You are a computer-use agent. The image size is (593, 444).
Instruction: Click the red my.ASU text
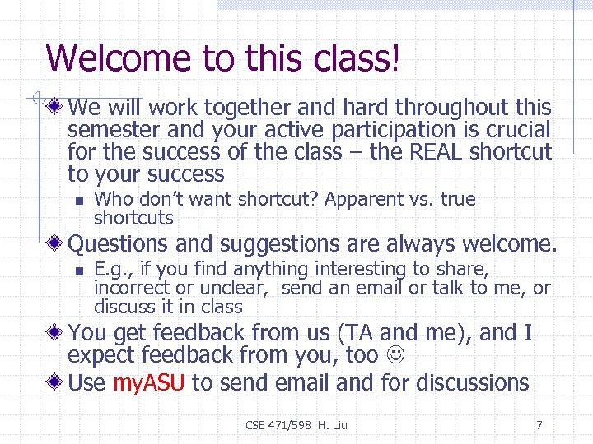tap(149, 382)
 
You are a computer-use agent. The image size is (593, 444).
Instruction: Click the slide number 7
tap(539, 425)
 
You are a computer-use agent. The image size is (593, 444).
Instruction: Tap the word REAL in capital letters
tap(441, 152)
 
